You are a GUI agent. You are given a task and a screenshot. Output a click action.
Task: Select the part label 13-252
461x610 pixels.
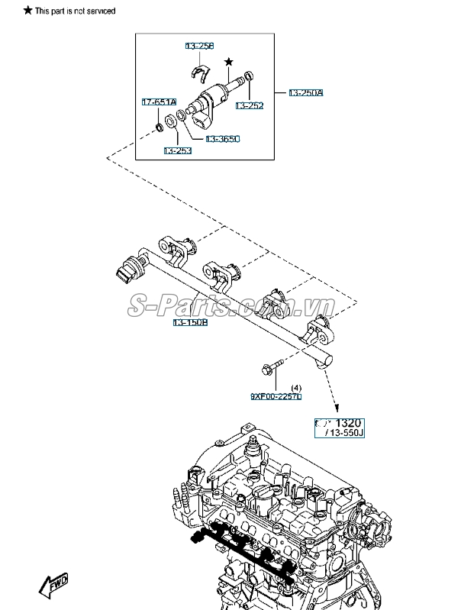pyautogui.click(x=249, y=105)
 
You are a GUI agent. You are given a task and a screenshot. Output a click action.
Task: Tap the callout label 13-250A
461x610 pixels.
pyautogui.click(x=305, y=93)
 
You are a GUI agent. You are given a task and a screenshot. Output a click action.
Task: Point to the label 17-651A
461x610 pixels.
pyautogui.click(x=159, y=102)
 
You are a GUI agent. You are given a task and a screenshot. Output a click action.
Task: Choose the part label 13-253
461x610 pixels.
pyautogui.click(x=177, y=151)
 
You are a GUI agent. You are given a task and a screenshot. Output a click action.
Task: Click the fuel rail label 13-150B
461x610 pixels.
pyautogui.click(x=190, y=323)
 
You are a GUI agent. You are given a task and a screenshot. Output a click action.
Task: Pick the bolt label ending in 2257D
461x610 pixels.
pyautogui.click(x=276, y=397)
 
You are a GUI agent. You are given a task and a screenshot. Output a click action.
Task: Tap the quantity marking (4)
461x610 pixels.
pyautogui.click(x=297, y=388)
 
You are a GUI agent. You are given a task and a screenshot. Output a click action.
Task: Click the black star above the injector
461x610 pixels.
pyautogui.click(x=227, y=60)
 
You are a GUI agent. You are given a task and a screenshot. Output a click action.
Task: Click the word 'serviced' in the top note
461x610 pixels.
pyautogui.click(x=100, y=11)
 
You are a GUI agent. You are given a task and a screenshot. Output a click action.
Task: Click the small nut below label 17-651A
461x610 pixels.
pyautogui.click(x=158, y=124)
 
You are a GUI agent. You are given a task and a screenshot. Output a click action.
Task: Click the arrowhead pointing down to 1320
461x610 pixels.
pyautogui.click(x=336, y=408)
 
